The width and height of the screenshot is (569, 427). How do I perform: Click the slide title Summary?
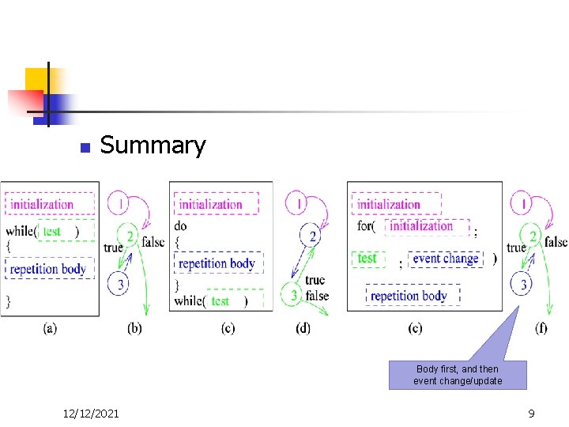click(x=153, y=145)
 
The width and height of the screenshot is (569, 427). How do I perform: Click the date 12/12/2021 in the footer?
click(x=91, y=413)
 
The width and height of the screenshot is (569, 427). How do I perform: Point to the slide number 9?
click(x=531, y=413)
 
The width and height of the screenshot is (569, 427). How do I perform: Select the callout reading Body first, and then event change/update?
click(x=457, y=375)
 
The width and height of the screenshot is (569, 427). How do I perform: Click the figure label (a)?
click(x=50, y=328)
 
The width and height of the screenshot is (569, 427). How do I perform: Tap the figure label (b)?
click(x=134, y=328)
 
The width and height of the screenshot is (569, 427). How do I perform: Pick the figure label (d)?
click(x=303, y=328)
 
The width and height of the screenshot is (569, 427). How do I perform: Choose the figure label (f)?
click(x=541, y=328)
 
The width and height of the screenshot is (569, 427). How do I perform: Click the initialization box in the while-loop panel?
click(x=42, y=204)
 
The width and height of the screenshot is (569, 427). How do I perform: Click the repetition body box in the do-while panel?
click(x=217, y=263)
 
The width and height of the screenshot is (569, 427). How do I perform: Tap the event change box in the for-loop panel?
click(x=445, y=259)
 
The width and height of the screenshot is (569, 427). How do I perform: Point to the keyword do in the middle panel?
click(x=180, y=226)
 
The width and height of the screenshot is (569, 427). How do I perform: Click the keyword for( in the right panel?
click(x=366, y=226)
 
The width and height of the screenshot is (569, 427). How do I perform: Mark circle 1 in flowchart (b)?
click(x=120, y=202)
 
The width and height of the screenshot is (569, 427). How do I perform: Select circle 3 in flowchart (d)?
click(x=294, y=296)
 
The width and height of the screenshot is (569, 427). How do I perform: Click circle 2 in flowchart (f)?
click(x=533, y=236)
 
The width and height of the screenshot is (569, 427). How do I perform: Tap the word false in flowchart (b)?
click(x=153, y=242)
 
